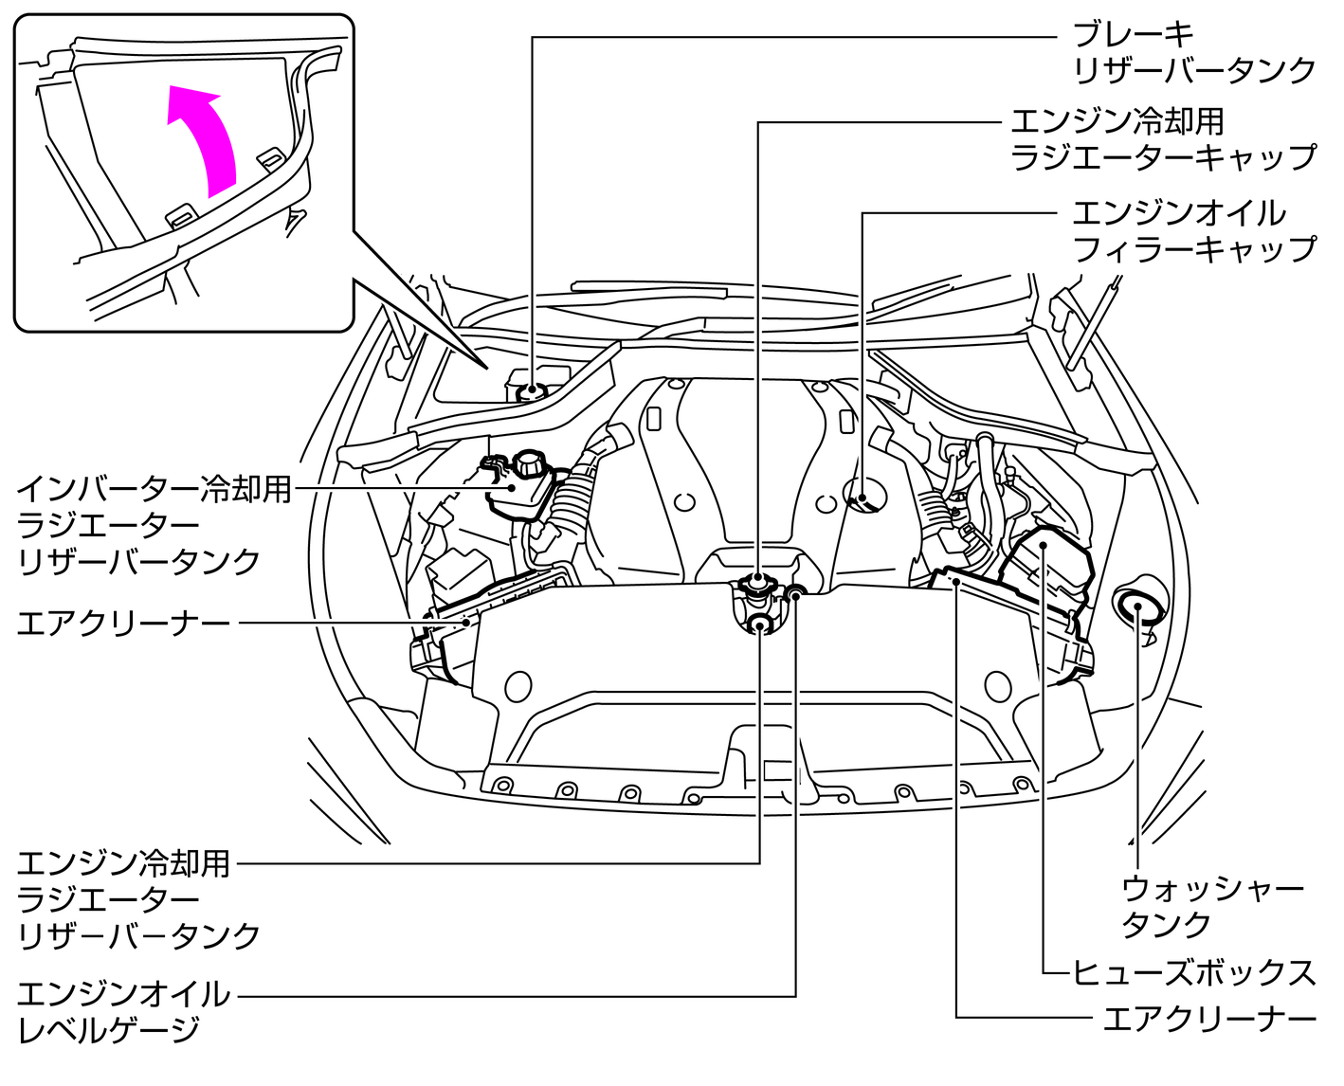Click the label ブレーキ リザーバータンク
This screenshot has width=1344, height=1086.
tap(1192, 53)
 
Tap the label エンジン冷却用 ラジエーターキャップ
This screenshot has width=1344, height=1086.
tap(1162, 139)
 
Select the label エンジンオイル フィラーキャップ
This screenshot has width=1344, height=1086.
tap(1192, 230)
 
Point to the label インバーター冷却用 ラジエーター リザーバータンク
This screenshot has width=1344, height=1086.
tap(152, 525)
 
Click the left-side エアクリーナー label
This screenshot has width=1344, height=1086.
tap(123, 624)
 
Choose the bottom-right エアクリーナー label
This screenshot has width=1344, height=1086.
tap(1209, 1019)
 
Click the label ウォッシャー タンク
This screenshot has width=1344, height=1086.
tap(1211, 907)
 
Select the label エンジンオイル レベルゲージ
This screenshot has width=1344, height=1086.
tap(123, 1012)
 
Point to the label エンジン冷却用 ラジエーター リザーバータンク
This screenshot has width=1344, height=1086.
tap(138, 899)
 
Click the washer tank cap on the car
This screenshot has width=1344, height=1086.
tap(1136, 607)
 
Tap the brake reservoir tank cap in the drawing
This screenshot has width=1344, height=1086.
tap(534, 389)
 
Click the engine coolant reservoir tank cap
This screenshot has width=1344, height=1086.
tap(760, 623)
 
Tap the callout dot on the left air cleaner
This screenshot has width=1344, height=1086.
tap(466, 623)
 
